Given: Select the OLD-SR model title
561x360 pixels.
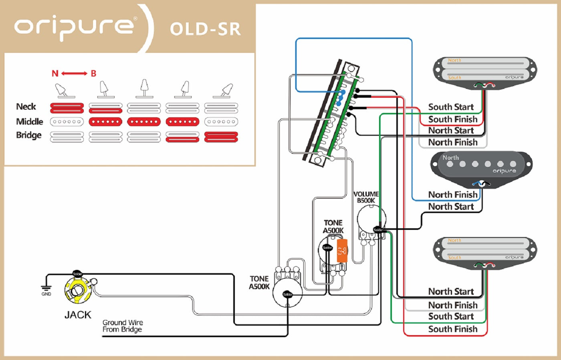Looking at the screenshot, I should click(x=205, y=29).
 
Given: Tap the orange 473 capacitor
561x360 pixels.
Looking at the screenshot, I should click(x=342, y=251).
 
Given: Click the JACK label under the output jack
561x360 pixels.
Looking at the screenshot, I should click(x=78, y=315).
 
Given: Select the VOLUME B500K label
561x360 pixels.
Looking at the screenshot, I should click(x=366, y=197).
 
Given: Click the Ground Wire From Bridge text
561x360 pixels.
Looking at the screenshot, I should click(x=122, y=326).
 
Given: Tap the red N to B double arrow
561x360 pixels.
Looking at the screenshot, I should click(x=74, y=73).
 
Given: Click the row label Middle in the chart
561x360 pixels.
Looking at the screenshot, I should click(x=30, y=121).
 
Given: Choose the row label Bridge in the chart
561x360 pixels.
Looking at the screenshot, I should click(x=29, y=135).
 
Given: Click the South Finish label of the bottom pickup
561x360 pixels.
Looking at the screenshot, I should click(x=453, y=329).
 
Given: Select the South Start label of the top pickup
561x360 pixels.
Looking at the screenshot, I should click(x=451, y=107).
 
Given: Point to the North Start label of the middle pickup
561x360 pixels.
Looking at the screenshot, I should click(x=451, y=207).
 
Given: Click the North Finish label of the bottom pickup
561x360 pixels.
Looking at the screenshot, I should click(x=453, y=305).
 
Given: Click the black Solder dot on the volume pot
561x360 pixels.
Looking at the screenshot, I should click(x=378, y=230).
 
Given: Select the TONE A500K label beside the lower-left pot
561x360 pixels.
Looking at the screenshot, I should click(x=259, y=282).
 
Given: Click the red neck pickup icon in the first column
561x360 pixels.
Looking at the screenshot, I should click(x=67, y=108).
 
